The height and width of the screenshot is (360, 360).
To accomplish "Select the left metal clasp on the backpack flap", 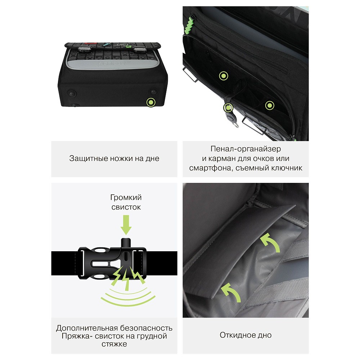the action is tap(85, 49).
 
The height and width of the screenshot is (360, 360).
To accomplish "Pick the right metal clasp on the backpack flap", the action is tap(141, 49).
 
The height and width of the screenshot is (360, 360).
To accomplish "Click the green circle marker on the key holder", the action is tap(228, 107).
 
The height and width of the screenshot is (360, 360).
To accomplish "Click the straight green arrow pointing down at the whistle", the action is tap(126, 225).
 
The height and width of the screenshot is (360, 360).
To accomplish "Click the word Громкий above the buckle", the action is tap(126, 197).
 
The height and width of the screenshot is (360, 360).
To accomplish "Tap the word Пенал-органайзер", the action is tap(246, 149).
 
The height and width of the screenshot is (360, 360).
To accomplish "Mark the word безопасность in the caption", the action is tap(146, 328).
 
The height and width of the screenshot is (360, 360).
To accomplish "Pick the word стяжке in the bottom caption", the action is tap(114, 344).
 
